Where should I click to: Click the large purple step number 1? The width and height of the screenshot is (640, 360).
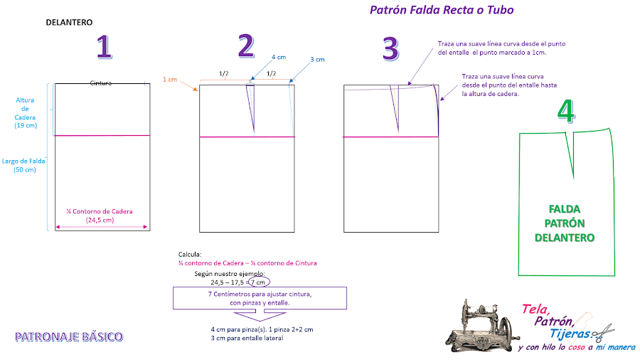(105, 47)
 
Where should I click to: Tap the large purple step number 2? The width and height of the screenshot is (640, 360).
(247, 46)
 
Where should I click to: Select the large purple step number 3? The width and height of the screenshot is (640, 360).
(390, 48)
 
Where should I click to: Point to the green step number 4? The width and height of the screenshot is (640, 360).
(566, 110)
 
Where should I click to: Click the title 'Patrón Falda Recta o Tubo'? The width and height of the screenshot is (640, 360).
(442, 10)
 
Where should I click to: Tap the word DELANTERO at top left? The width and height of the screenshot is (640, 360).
(69, 23)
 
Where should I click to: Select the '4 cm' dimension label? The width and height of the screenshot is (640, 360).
(279, 57)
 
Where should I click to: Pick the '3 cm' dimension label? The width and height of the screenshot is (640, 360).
(317, 60)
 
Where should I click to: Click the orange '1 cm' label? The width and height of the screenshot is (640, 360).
(170, 79)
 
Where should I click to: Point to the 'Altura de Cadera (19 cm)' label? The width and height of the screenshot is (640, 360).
(26, 112)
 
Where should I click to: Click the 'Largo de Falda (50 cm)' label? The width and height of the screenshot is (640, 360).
(23, 165)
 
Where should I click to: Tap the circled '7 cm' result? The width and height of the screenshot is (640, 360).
(259, 282)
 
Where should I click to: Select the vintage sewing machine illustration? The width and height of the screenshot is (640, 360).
(482, 325)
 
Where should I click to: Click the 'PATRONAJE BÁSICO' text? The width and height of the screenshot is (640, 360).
(69, 337)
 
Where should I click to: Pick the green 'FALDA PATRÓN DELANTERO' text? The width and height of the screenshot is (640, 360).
(565, 223)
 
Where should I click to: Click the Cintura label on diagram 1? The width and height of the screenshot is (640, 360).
(101, 83)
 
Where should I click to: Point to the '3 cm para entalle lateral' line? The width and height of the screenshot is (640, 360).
(247, 338)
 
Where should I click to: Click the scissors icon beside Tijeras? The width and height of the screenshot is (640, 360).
(603, 333)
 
